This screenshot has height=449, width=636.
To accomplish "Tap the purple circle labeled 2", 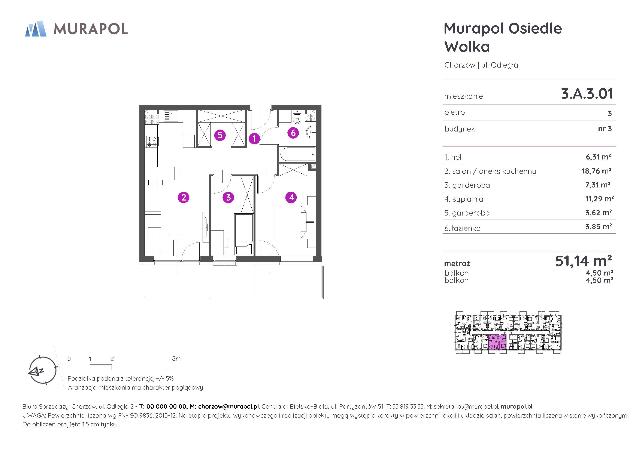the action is (x=183, y=197).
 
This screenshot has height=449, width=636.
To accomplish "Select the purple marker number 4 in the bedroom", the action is (x=291, y=197).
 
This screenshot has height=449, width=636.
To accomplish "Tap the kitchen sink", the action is (x=170, y=116).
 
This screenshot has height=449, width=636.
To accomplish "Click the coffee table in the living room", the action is (x=176, y=227).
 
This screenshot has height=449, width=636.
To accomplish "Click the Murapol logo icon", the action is (x=36, y=29).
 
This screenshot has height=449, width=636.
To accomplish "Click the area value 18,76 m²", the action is (x=596, y=171).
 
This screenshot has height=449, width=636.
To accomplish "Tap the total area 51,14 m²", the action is (x=583, y=261).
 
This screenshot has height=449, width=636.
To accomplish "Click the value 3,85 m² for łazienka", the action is (x=598, y=227).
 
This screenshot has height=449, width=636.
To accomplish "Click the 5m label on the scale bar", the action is (x=176, y=359).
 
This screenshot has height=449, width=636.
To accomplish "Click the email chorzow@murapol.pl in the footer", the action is (x=229, y=406).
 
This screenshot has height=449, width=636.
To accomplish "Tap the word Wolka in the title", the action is (x=467, y=46).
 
